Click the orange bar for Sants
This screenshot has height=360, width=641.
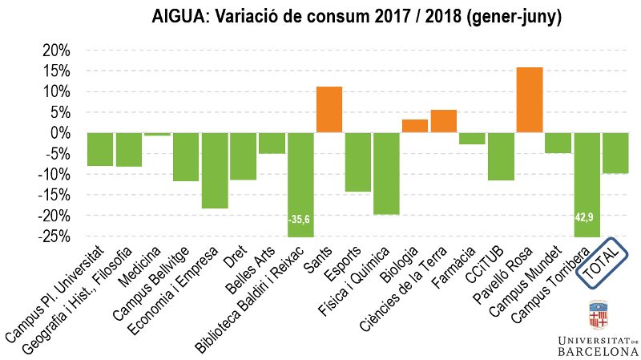pos(329,109)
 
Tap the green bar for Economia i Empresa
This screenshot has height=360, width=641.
pos(215,170)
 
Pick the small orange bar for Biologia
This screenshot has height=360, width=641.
pos(415,126)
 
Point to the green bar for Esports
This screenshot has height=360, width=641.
pos(358,162)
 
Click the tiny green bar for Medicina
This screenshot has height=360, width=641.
pos(158,134)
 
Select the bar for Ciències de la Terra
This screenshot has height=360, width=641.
pos(444,121)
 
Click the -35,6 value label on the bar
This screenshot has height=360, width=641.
pos(300,218)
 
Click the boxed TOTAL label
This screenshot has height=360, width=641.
pos(606,264)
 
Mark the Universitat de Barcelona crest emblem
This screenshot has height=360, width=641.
pos(598,318)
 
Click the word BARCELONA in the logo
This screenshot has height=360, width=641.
pos(598,351)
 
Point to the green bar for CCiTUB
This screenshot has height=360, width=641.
pos(501,156)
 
